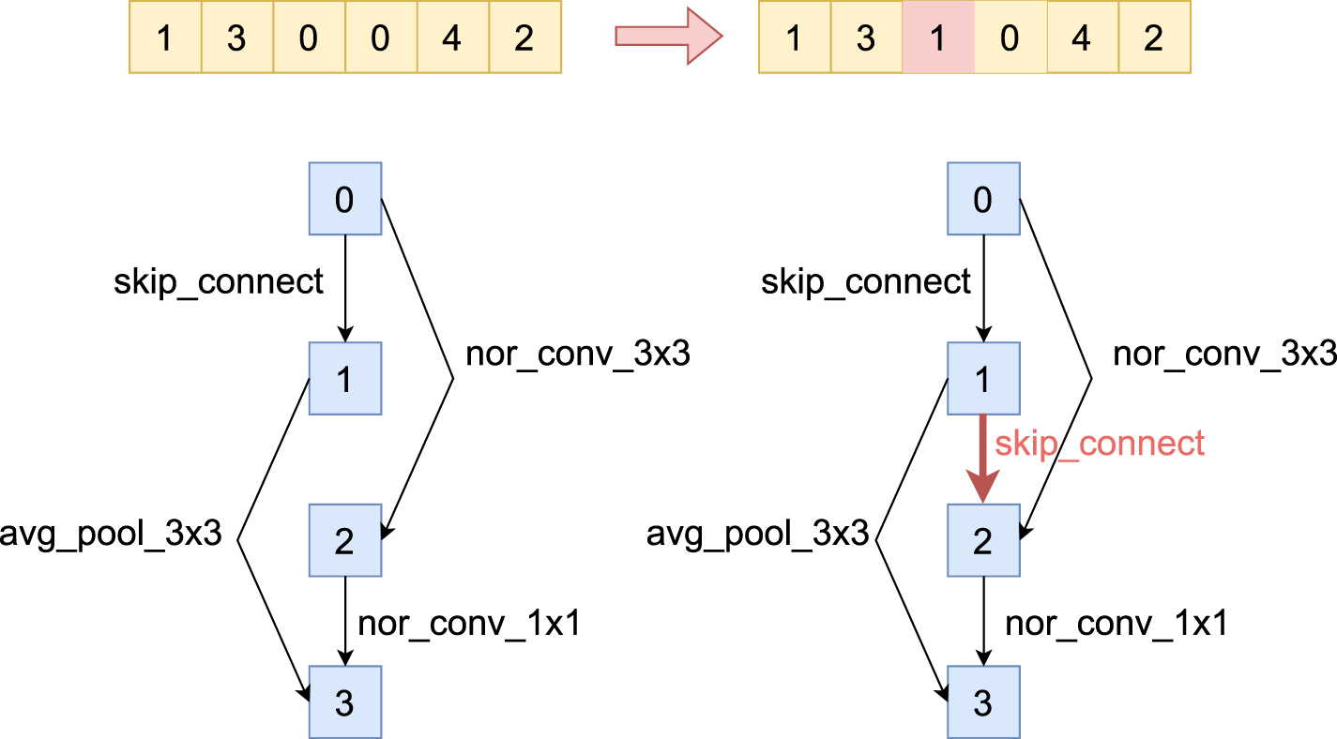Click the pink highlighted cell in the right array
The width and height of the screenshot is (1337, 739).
pos(938,38)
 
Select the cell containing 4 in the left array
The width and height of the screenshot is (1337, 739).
pos(452,38)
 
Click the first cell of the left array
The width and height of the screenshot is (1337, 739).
pos(164,38)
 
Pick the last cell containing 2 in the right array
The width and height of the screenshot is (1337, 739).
pos(1153,38)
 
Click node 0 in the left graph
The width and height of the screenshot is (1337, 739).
pos(344,199)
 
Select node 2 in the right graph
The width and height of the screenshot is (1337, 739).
pos(982,541)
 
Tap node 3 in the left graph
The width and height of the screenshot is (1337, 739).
pos(344,701)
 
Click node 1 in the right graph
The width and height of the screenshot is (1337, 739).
pos(982,378)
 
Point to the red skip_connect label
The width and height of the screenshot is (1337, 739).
pos(1099,443)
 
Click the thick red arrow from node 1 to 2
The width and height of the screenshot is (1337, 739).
pos(982,460)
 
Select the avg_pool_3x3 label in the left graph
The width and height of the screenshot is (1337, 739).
pos(112,535)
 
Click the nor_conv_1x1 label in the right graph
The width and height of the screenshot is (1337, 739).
pos(1116,623)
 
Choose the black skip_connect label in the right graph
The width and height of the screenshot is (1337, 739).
pos(865,280)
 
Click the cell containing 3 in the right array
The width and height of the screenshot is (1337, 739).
pos(866,38)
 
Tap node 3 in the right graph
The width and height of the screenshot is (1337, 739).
pos(982,701)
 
